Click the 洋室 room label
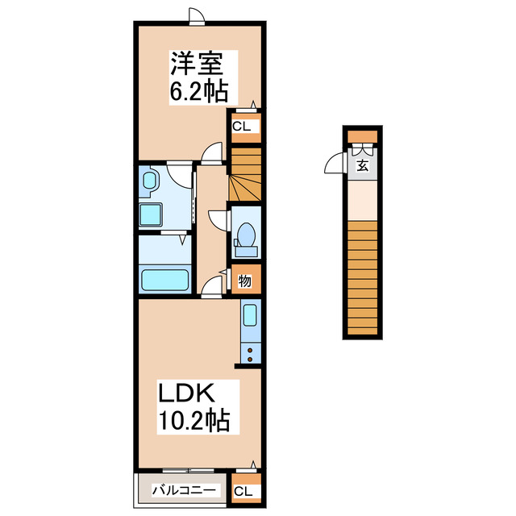click(202, 64)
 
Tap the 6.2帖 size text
click(198, 90)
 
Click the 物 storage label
click(244, 281)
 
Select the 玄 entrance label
click(363, 167)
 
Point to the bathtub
click(164, 280)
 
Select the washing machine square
click(151, 215)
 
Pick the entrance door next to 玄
click(334, 165)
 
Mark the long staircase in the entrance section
click(362, 278)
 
